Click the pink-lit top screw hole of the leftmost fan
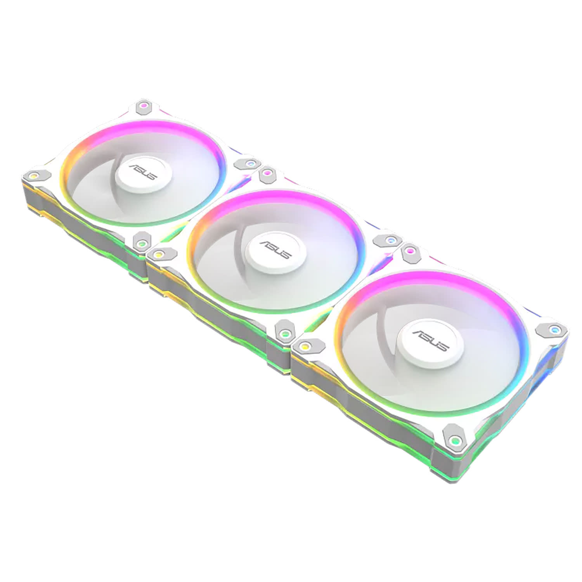[x=144, y=105]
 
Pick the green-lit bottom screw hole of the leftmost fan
[x=142, y=243]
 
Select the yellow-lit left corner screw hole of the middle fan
[x=158, y=254]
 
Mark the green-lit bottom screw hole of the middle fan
[x=285, y=333]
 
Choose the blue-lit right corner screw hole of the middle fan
[x=389, y=241]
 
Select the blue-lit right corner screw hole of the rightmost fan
[x=555, y=330]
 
